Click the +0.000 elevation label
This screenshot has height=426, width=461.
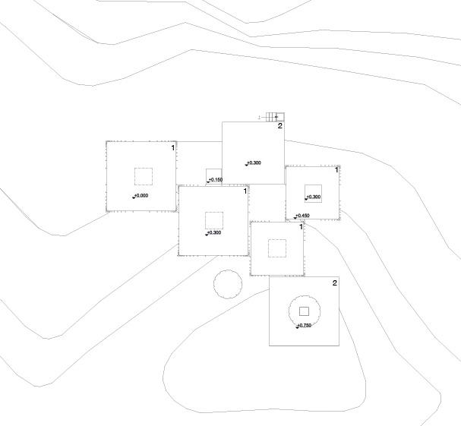(x=141, y=196)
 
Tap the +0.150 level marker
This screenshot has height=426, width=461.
(x=215, y=180)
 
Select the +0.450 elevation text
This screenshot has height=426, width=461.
(x=302, y=216)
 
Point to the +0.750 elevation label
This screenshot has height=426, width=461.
(x=304, y=325)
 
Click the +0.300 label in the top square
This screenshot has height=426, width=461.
(x=253, y=163)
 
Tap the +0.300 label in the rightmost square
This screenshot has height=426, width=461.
(x=313, y=197)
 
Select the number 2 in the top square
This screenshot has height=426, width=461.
(x=279, y=126)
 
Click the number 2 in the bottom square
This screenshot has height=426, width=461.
(x=334, y=283)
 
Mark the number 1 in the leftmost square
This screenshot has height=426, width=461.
(x=172, y=148)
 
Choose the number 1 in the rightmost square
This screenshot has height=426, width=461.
(x=336, y=170)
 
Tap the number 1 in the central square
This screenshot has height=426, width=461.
(x=245, y=191)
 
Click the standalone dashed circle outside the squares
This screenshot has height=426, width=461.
(x=227, y=285)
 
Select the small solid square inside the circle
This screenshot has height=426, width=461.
(x=304, y=311)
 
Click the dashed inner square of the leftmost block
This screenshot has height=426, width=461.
(x=144, y=176)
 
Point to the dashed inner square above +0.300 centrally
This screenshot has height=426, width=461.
(x=214, y=220)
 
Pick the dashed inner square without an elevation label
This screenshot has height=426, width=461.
(x=277, y=248)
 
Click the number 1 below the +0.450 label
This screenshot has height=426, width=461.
(x=301, y=227)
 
